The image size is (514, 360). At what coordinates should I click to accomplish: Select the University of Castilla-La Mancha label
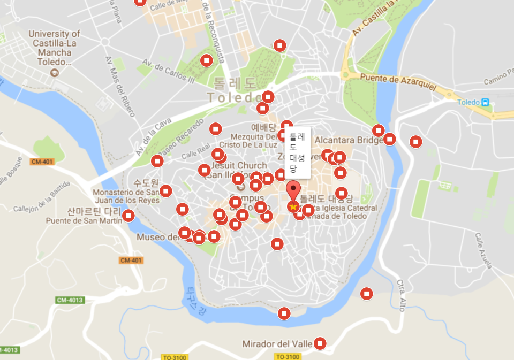coord(55,48)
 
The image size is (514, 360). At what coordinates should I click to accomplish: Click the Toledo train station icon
coord(485,102)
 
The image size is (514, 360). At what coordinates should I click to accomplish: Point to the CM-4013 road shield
coord(70,300)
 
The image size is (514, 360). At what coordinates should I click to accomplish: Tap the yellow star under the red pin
coord(293,206)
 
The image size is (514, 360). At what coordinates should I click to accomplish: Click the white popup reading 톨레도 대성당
coord(297,152)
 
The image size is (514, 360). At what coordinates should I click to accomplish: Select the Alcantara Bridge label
coord(349,140)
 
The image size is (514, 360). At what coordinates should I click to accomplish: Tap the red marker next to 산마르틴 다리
coord(128,216)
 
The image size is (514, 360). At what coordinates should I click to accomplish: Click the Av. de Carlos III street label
coord(168,72)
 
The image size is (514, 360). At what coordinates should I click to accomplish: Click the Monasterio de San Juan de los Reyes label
coord(126,196)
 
